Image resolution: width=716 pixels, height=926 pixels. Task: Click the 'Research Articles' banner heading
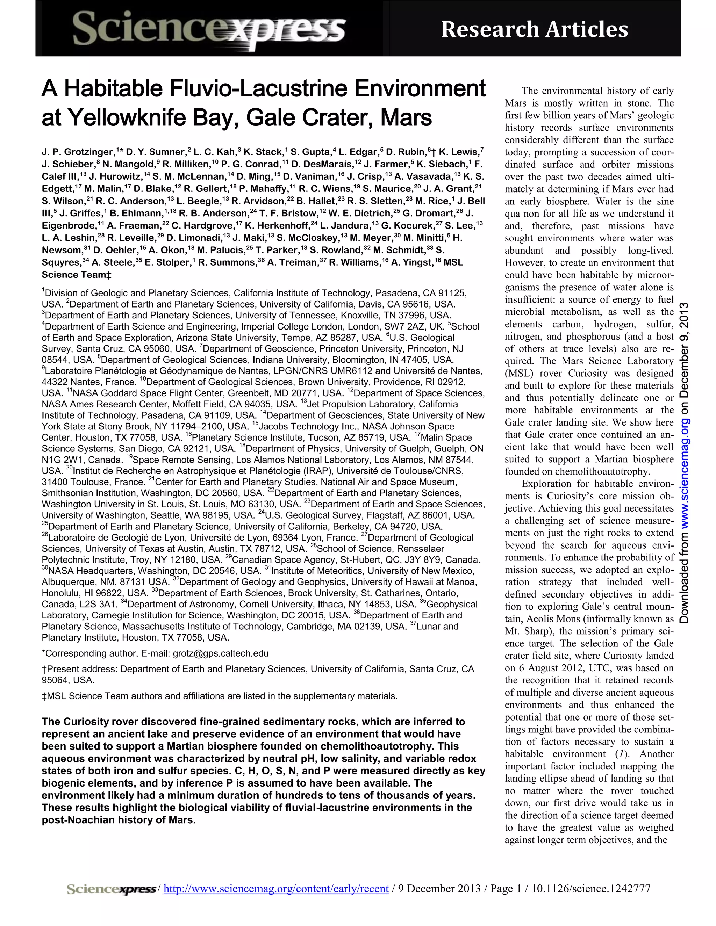(x=534, y=30)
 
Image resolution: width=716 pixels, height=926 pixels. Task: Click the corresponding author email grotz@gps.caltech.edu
(x=221, y=653)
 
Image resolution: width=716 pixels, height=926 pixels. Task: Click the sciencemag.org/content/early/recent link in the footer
(x=276, y=889)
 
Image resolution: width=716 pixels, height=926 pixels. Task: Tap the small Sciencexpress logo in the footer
(x=112, y=889)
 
